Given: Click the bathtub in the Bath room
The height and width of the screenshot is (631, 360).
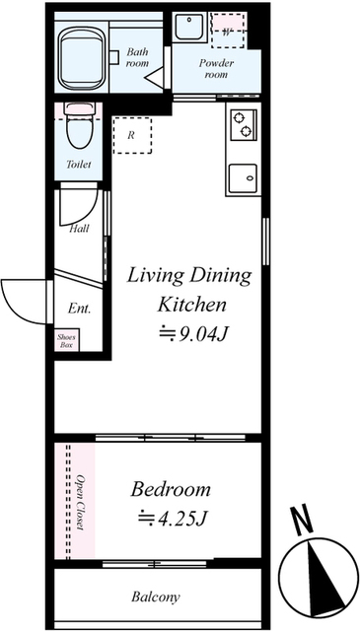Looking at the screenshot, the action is [82, 59].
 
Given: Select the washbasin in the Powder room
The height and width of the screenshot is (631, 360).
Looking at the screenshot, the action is [188, 27].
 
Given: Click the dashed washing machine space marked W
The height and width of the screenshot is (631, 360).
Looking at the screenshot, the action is [228, 31].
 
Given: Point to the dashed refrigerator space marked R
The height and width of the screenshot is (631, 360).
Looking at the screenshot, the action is [132, 136].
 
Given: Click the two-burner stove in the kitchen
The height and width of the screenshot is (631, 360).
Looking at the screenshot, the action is [243, 125].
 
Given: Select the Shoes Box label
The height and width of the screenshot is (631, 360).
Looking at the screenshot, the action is [66, 340].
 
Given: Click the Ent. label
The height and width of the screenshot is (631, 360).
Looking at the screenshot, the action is [79, 309].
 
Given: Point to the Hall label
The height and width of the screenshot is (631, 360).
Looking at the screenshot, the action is [79, 229].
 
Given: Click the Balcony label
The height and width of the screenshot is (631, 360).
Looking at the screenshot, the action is [156, 596].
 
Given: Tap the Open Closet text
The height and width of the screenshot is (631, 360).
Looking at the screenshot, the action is [81, 503].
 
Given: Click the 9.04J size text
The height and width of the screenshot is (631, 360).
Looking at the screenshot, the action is [204, 333].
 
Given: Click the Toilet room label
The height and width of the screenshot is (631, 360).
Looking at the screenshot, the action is [79, 165].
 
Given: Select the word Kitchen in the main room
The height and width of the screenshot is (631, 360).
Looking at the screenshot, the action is [191, 305].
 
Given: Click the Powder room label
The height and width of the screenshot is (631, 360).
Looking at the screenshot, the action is [216, 69].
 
